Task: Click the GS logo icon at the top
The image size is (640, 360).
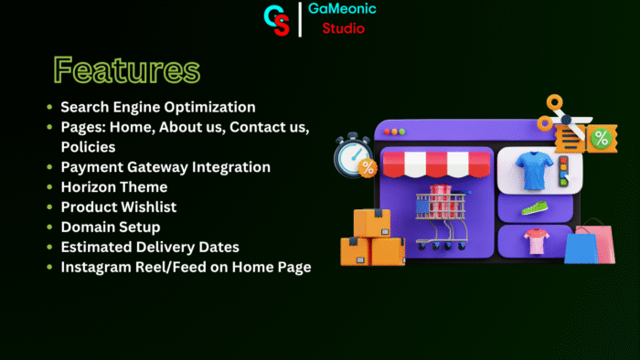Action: [276, 19]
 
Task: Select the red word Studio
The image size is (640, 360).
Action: [344, 28]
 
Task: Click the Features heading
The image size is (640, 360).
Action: [125, 70]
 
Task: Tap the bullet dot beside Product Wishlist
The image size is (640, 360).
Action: [49, 206]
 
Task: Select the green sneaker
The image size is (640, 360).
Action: [534, 207]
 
